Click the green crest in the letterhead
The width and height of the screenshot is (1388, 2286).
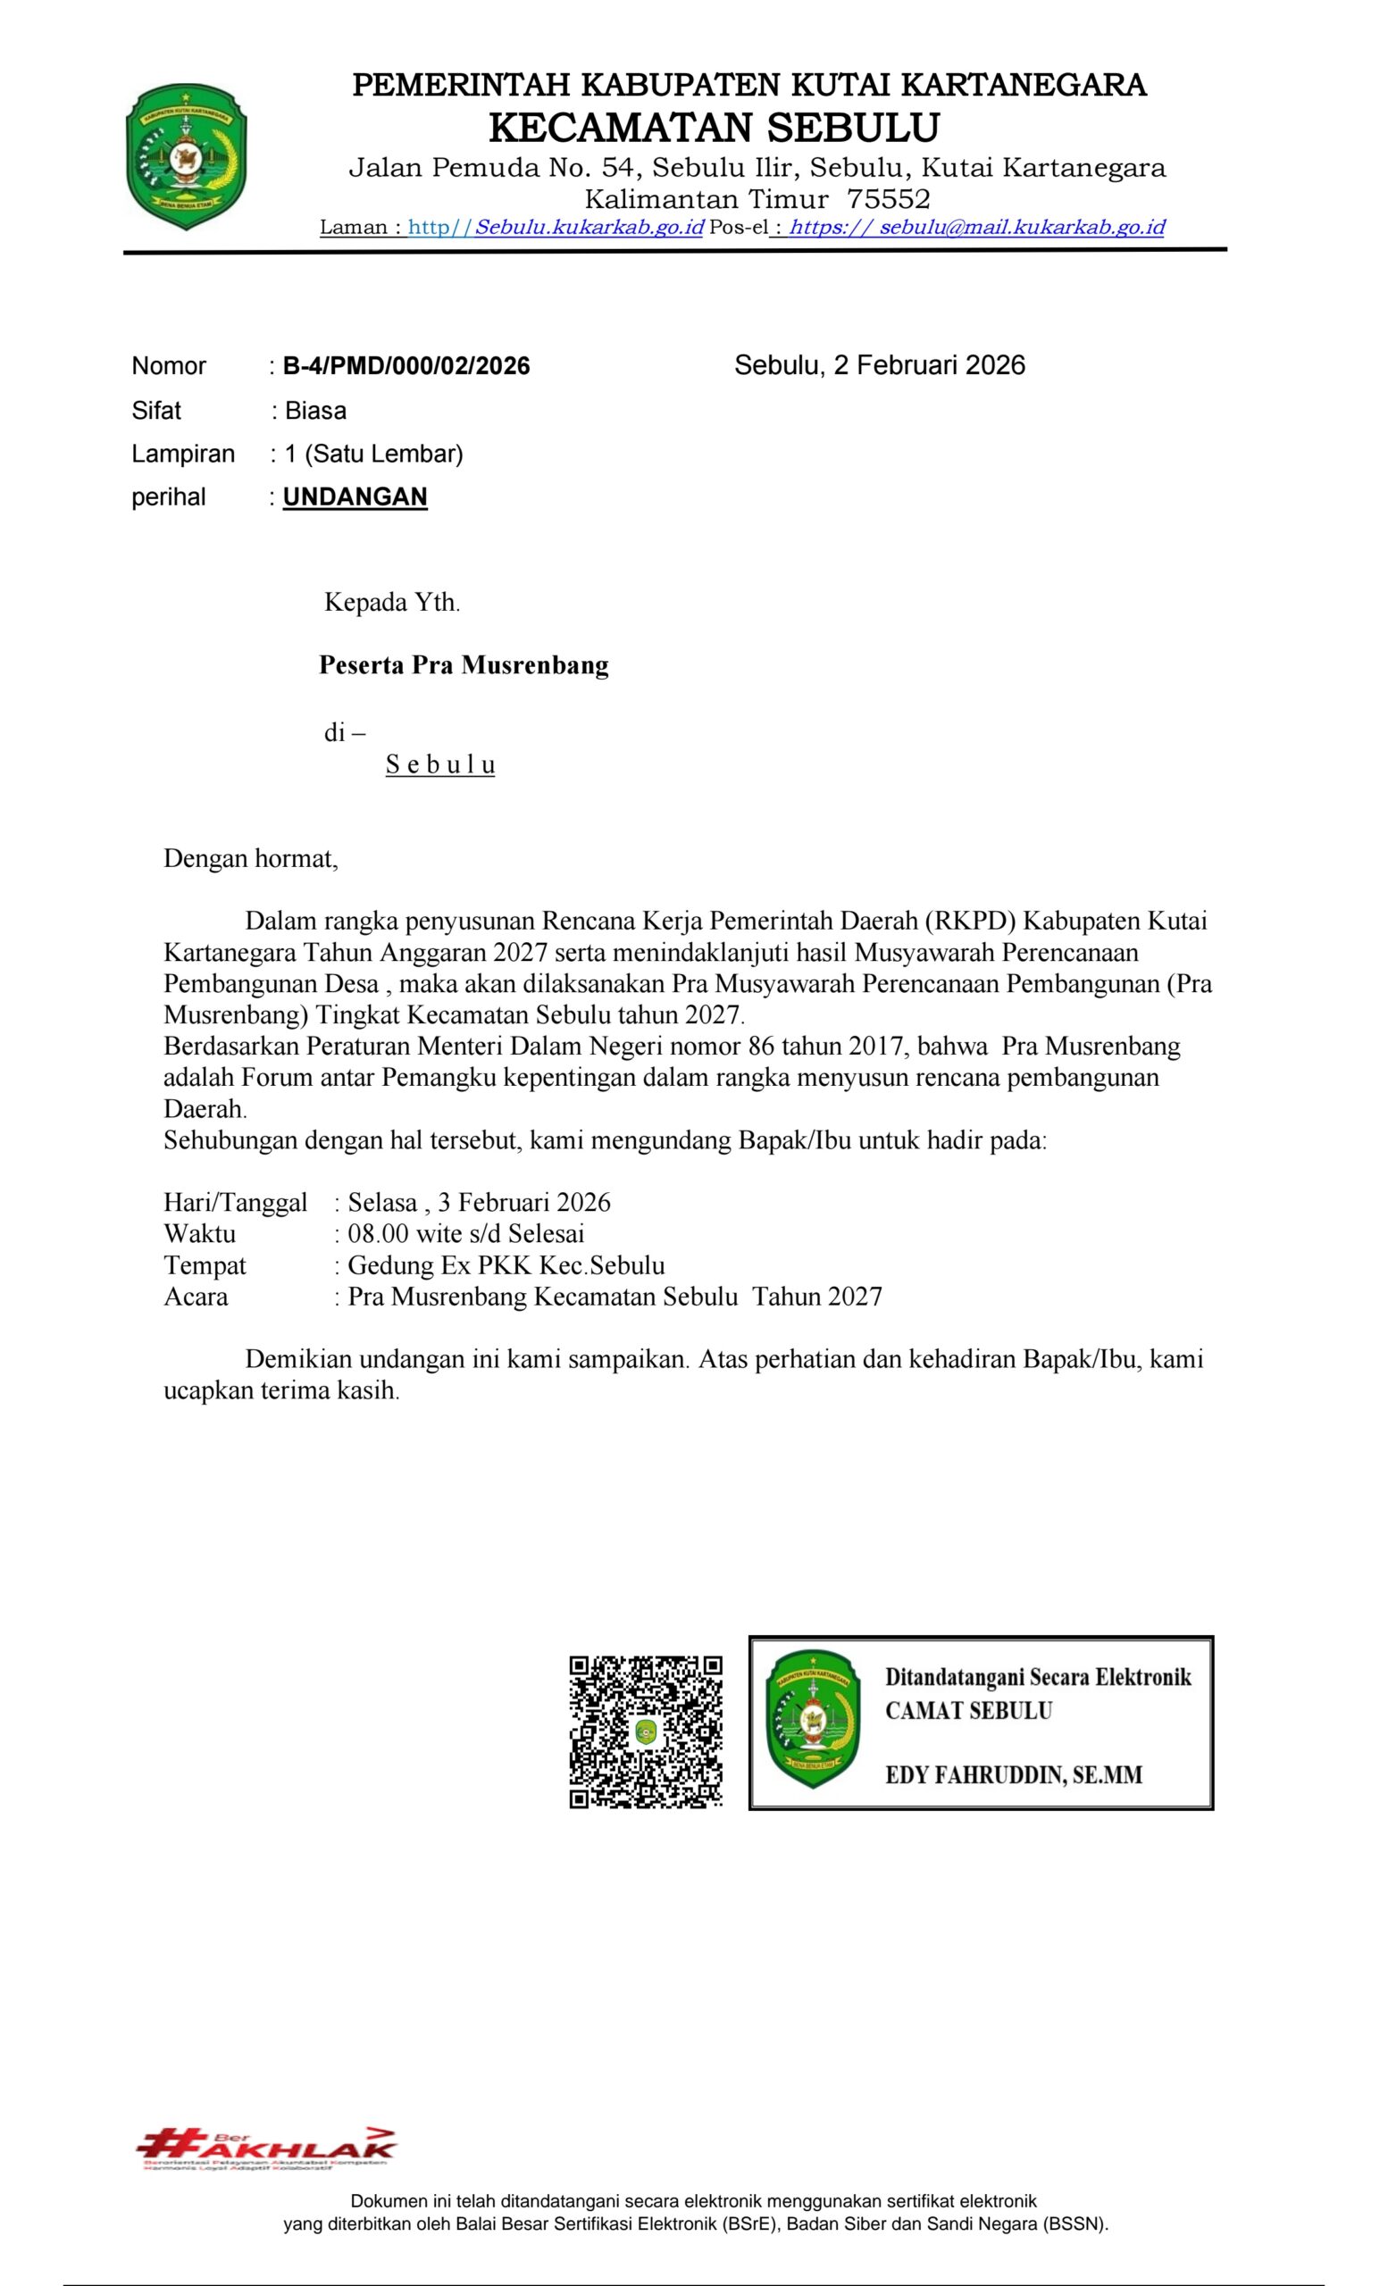coord(186,156)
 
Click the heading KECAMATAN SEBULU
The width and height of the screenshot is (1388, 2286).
coord(714,127)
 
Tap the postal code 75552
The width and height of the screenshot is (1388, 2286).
coord(888,199)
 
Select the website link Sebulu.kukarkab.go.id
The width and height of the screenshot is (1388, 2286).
coord(589,228)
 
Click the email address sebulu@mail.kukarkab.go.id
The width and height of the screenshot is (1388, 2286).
coord(1021,228)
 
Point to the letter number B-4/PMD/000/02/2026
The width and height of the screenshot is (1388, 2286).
coord(406,365)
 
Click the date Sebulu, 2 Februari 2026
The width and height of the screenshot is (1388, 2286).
coord(879,364)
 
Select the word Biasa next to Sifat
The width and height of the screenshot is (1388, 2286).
coord(315,410)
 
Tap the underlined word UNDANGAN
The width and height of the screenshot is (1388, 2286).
coord(355,497)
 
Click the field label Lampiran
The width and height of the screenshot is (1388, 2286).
coord(183,454)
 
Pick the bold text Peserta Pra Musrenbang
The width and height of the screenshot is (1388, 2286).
coord(463,665)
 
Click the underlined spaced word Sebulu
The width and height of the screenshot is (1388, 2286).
coord(439,764)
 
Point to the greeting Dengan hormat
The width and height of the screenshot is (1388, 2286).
coord(250,858)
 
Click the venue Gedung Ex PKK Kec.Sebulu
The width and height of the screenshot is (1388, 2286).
coord(506,1265)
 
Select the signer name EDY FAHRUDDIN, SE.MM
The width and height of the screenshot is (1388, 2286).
coord(1013,1775)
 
